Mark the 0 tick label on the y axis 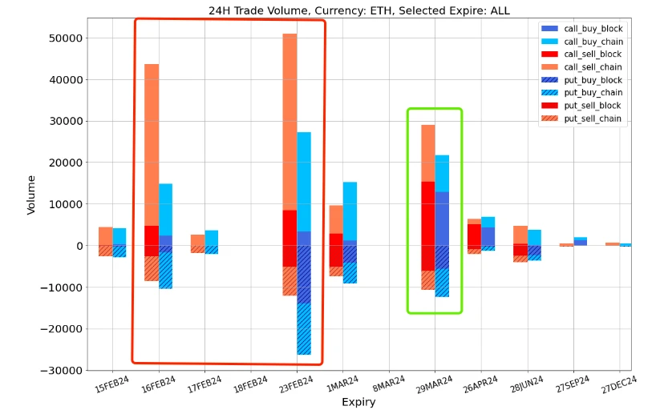click(x=75, y=246)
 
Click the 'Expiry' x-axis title click(x=358, y=402)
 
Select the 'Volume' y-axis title click(x=31, y=195)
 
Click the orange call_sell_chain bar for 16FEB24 click(x=152, y=144)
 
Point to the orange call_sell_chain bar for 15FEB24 click(x=105, y=235)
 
